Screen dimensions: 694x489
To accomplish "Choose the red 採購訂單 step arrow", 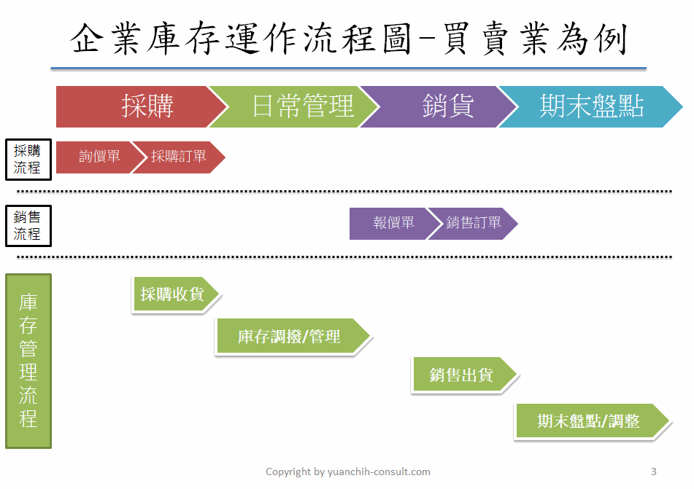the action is click(x=178, y=157).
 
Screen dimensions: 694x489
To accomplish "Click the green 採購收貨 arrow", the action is click(x=175, y=294).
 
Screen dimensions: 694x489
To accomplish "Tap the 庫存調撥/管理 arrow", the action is click(x=292, y=337).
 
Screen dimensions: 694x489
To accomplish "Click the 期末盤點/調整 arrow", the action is click(x=592, y=421).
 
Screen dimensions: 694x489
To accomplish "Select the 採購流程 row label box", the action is click(x=28, y=159).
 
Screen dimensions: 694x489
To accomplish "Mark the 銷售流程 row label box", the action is click(x=28, y=225).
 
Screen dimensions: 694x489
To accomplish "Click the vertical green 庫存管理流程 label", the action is click(x=28, y=361).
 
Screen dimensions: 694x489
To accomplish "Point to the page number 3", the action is click(x=653, y=472).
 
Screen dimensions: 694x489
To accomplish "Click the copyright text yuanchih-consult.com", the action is click(x=379, y=472).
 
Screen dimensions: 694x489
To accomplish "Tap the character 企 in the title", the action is click(x=86, y=39).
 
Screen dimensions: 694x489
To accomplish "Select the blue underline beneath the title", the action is click(x=348, y=69).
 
